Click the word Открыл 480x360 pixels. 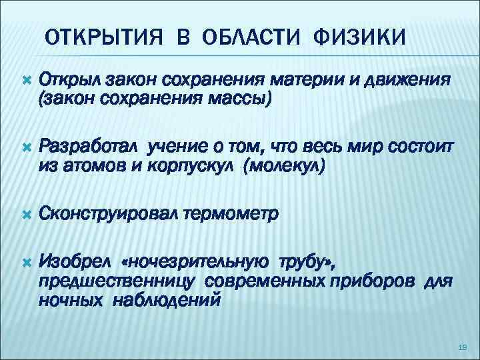[x=71, y=81]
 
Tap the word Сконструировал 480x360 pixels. [x=111, y=214]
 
